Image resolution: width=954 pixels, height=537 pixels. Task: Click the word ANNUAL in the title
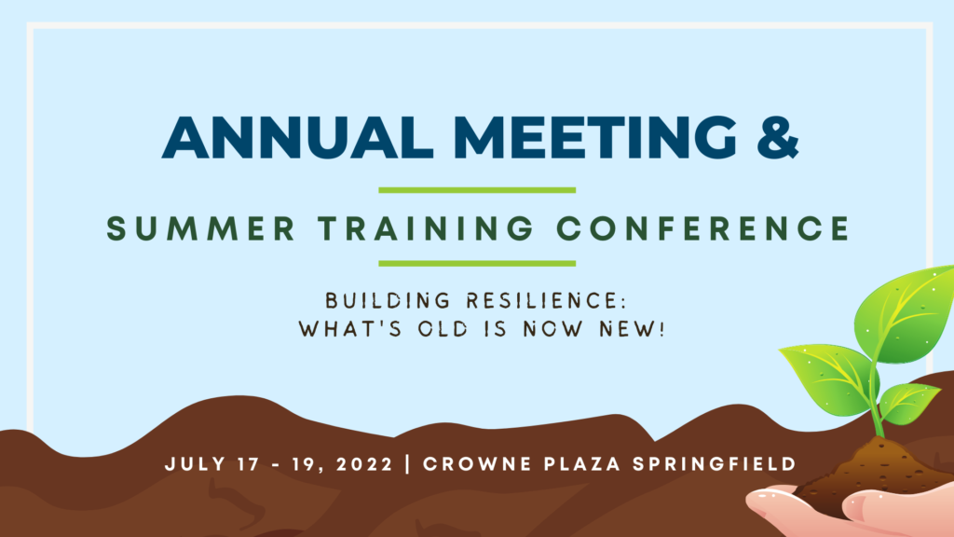297,137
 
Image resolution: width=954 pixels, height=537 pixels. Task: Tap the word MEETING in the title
595,137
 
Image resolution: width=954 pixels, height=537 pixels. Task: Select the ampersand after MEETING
778,137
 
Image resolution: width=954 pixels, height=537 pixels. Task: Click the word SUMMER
201,229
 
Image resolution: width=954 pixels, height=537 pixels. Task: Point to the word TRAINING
426,229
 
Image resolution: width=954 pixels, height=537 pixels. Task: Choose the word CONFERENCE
702,229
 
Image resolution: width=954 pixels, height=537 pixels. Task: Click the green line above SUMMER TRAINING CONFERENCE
477,190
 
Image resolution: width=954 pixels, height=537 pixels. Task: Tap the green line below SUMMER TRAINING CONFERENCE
477,264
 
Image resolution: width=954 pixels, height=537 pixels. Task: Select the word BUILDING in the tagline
388,301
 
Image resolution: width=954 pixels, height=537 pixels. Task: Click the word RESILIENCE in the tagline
546,301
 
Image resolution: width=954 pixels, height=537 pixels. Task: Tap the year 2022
364,464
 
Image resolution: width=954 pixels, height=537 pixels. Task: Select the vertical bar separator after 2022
408,464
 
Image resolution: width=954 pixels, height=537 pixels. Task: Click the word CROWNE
478,464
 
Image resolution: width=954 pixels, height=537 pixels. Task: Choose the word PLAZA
582,464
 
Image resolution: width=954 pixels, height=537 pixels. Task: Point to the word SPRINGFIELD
715,464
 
